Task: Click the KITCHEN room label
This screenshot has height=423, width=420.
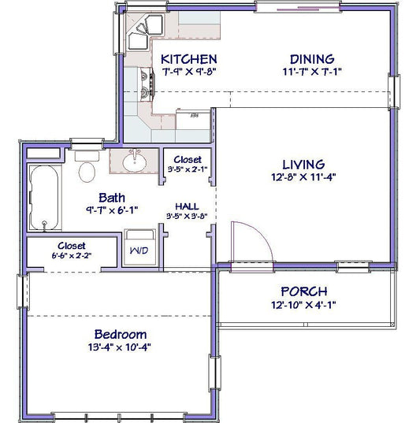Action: point(189,59)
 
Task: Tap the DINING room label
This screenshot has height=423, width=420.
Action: point(312,59)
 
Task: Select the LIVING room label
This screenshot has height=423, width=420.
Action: point(303,165)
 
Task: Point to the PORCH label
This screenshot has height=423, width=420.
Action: point(304,291)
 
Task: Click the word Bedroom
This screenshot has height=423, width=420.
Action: point(121,335)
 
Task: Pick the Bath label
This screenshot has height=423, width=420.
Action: point(112,198)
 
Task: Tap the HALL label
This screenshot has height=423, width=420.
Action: point(187,206)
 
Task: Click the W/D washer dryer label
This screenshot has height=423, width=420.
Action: point(139,250)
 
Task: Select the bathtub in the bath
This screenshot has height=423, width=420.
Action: point(44,198)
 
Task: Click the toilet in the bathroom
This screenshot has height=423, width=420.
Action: point(87,167)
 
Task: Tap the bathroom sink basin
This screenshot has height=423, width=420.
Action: point(135,162)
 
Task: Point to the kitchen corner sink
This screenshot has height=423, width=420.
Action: point(144,32)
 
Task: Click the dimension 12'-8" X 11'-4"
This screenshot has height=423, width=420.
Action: point(303,177)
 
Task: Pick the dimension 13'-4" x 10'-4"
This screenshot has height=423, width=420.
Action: point(119,347)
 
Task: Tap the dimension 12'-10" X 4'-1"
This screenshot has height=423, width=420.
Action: point(303,305)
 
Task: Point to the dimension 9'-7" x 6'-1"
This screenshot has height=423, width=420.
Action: point(112,210)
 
